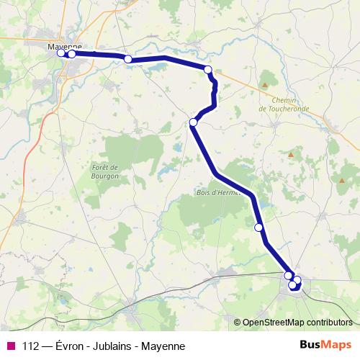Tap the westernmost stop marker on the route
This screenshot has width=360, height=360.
61,53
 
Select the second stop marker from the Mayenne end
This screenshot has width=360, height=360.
72,54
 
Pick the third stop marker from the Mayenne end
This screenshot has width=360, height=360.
128,59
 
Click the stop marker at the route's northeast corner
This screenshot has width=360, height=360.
209,70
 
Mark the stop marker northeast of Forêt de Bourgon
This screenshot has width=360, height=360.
193,122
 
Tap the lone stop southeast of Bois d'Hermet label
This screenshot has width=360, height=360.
259,228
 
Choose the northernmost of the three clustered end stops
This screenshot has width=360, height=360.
289,276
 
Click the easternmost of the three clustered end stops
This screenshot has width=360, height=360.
297,280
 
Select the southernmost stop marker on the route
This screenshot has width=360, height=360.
293,286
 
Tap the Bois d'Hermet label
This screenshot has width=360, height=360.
217,192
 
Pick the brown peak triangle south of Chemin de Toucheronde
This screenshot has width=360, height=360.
291,154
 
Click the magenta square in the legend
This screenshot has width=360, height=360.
10,346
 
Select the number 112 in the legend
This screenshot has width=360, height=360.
30,346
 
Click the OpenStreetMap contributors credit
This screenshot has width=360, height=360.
297,322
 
